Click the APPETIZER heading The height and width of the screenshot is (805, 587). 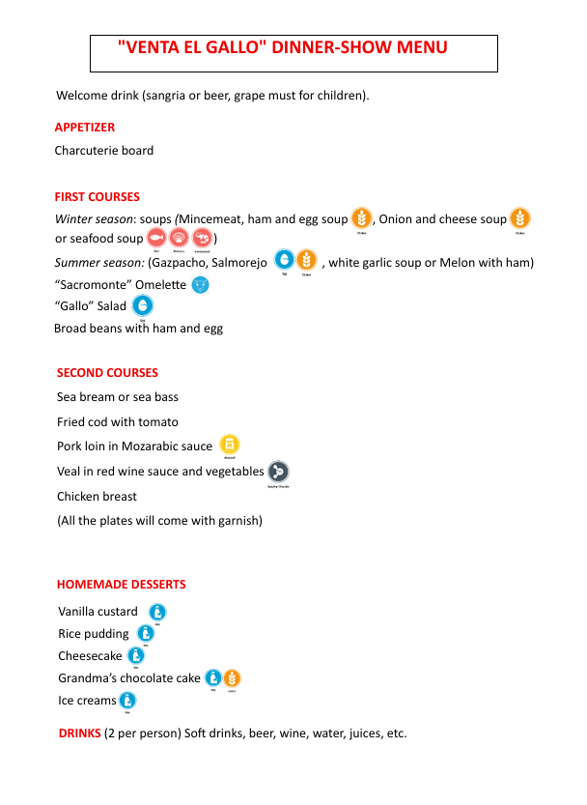(x=85, y=127)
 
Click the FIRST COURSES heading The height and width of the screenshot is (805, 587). (x=97, y=196)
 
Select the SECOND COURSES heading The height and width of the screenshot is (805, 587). (x=107, y=372)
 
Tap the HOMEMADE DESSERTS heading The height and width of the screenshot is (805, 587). (x=121, y=584)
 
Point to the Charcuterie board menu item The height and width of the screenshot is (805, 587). (x=104, y=151)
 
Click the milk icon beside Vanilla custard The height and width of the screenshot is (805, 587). (x=157, y=612)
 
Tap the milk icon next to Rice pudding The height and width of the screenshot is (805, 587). (x=146, y=634)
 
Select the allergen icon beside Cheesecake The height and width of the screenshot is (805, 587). (x=136, y=656)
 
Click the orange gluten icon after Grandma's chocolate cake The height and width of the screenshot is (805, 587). (x=232, y=678)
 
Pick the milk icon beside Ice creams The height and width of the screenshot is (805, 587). (x=127, y=701)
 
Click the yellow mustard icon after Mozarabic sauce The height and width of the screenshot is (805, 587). (x=230, y=445)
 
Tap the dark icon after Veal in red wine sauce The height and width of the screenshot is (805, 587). (x=278, y=472)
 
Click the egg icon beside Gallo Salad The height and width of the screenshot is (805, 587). (x=142, y=306)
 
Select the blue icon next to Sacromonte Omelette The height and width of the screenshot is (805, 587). (x=200, y=285)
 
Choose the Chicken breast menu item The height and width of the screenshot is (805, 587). (x=97, y=497)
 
